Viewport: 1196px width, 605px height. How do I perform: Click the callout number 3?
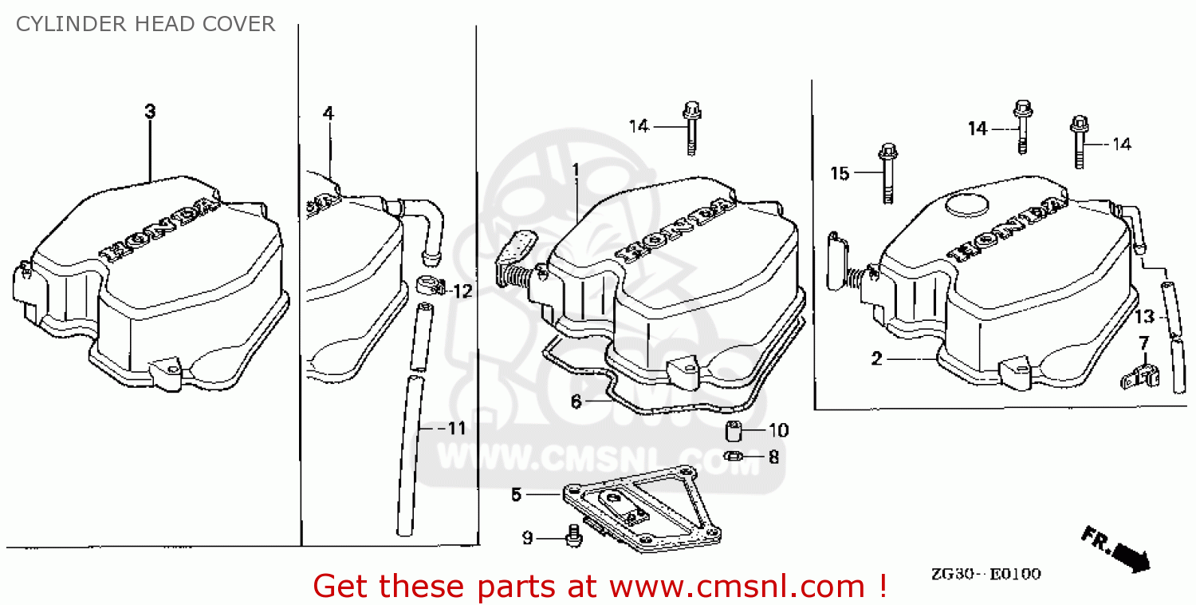(x=150, y=112)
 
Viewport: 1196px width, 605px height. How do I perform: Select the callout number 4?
(x=328, y=113)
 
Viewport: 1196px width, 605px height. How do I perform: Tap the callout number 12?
(x=462, y=291)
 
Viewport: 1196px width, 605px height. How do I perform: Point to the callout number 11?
(x=455, y=429)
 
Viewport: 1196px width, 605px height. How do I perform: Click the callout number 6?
(x=576, y=402)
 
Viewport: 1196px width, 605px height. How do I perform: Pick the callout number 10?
(x=778, y=431)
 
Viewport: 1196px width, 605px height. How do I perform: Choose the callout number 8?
(x=773, y=457)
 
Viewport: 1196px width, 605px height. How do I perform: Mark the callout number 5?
(x=517, y=495)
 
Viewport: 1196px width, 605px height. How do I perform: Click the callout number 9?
(x=527, y=538)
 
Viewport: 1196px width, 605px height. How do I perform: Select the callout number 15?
(x=840, y=173)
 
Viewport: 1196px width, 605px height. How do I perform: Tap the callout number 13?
(x=1144, y=317)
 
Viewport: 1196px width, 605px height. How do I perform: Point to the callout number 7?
(x=1143, y=343)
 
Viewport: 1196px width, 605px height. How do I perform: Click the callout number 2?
(x=877, y=359)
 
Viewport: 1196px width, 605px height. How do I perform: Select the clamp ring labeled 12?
(x=427, y=284)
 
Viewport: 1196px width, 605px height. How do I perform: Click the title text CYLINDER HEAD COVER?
(x=145, y=25)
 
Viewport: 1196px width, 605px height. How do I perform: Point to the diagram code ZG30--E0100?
(x=985, y=574)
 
